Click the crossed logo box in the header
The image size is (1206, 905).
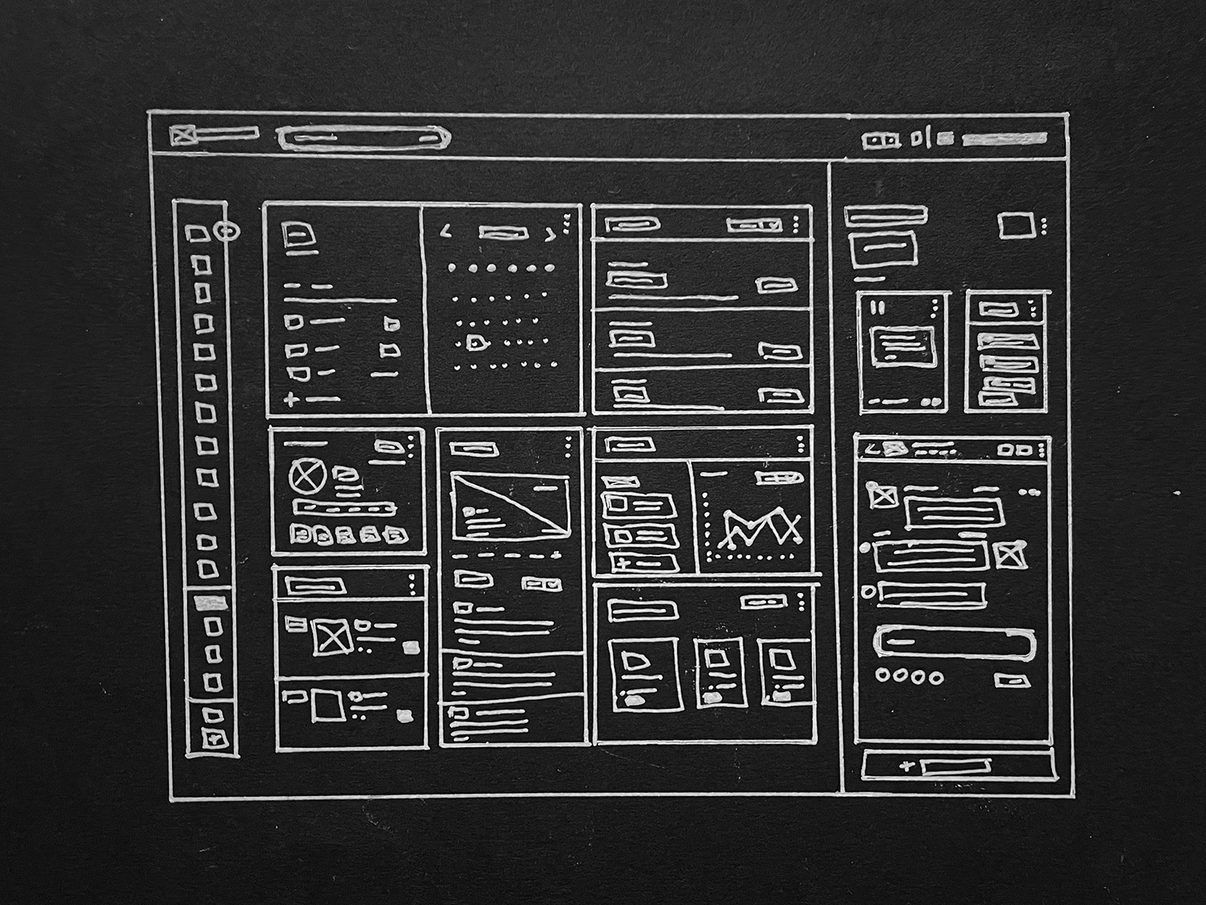coord(183,135)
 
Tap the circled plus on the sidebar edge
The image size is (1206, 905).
coord(227,231)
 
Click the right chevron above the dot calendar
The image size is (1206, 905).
coord(550,234)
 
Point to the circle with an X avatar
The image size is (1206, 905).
coord(307,476)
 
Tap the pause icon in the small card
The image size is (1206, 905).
coord(879,308)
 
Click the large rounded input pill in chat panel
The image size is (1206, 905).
coord(953,642)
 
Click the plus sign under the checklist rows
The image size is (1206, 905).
coord(291,399)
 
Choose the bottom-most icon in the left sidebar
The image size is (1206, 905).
coord(214,738)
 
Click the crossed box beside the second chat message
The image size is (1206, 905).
coord(1009,555)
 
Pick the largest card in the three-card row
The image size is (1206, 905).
coord(645,674)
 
